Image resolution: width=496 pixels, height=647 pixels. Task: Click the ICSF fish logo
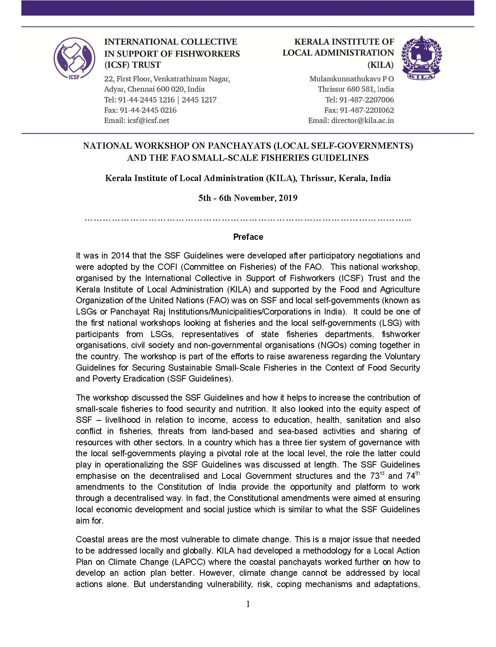[74, 58]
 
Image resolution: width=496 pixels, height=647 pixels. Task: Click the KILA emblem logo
[421, 58]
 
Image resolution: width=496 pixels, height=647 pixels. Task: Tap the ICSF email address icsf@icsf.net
[148, 121]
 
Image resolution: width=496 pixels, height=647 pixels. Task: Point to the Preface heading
[248, 237]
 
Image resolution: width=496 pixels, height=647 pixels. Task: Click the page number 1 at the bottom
[248, 604]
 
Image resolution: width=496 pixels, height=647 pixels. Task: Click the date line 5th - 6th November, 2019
[248, 198]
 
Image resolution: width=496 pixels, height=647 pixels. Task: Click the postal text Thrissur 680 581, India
[356, 89]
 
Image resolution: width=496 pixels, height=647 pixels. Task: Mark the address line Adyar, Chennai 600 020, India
[154, 89]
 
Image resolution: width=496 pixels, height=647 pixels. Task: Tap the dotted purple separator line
[248, 220]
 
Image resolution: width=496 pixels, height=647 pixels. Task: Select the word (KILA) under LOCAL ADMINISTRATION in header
[380, 65]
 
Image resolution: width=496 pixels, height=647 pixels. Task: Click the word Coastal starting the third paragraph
[89, 540]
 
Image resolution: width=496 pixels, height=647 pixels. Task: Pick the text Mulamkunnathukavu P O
[351, 79]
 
